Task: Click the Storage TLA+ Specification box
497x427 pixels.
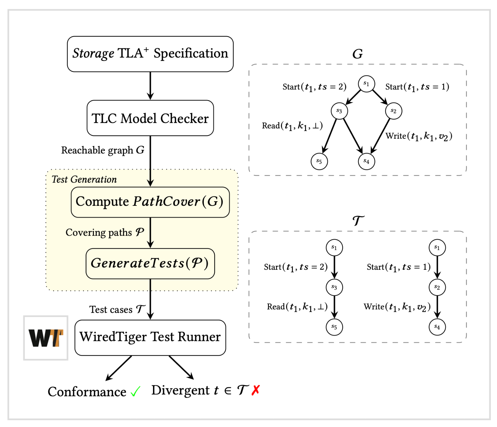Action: click(x=150, y=54)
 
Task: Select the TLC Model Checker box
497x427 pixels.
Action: click(x=150, y=118)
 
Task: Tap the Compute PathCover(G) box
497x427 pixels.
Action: click(x=150, y=202)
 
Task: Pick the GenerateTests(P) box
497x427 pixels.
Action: click(x=150, y=263)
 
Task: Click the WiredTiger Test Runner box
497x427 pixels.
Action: click(x=150, y=338)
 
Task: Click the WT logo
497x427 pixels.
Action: click(x=46, y=338)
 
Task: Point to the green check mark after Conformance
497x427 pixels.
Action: click(x=135, y=391)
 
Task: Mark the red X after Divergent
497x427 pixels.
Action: click(x=256, y=390)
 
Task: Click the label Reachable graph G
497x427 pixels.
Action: click(x=103, y=150)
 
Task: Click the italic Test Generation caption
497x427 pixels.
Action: click(x=84, y=179)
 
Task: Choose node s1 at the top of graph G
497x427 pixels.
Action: click(x=366, y=84)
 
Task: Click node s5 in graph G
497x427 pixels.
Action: click(x=319, y=161)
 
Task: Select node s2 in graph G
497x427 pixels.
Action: click(x=394, y=111)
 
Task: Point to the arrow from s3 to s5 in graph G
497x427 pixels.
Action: click(x=330, y=136)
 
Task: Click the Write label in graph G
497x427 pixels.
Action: click(x=418, y=136)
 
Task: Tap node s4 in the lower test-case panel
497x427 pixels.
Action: click(x=437, y=327)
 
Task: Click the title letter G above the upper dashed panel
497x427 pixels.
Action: click(x=357, y=54)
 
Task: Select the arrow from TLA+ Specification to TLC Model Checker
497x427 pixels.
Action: click(x=150, y=86)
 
